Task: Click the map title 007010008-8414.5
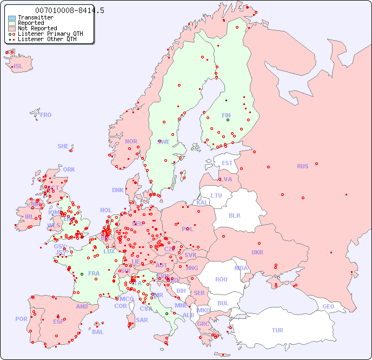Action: click(x=70, y=10)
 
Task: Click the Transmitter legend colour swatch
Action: click(x=12, y=18)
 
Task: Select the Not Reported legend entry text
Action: click(x=37, y=28)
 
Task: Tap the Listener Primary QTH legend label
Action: click(x=50, y=34)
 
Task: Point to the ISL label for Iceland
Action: click(x=18, y=67)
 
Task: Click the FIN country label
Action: click(x=226, y=115)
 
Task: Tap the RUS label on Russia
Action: click(x=302, y=166)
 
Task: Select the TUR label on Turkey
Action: click(x=277, y=330)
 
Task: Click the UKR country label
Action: click(x=257, y=252)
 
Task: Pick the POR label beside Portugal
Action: click(x=21, y=319)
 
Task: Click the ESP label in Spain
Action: click(x=58, y=321)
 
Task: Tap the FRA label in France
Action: click(x=94, y=273)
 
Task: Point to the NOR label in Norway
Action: click(x=131, y=141)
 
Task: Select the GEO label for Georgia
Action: click(x=328, y=306)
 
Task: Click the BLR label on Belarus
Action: click(x=234, y=215)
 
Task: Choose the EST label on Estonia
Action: click(x=227, y=163)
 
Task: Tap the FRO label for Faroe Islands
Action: click(x=46, y=115)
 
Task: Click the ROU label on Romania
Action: click(x=221, y=279)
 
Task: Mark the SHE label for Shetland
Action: click(x=63, y=146)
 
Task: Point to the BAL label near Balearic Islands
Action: click(x=98, y=332)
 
